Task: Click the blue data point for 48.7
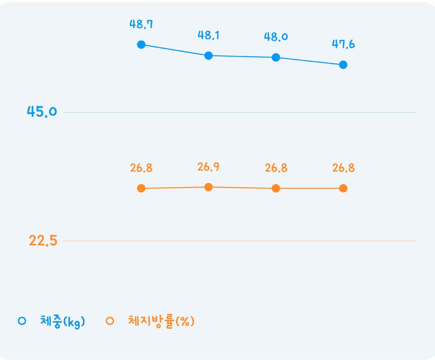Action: (x=141, y=44)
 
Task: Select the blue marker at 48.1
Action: (x=208, y=55)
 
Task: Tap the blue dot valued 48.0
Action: (x=276, y=58)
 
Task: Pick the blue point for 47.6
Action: (x=343, y=65)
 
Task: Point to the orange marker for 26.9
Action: (x=208, y=187)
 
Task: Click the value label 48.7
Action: (x=141, y=24)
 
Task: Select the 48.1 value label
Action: (x=208, y=35)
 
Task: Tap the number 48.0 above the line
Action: (x=276, y=37)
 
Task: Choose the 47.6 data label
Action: (x=343, y=44)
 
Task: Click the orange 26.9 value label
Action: (x=208, y=167)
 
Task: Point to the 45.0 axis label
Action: (x=42, y=112)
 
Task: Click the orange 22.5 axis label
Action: (x=43, y=240)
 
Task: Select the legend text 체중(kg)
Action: (x=63, y=321)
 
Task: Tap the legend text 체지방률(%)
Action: (x=161, y=321)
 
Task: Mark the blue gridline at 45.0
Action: (x=240, y=112)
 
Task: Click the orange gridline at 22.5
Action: (x=240, y=241)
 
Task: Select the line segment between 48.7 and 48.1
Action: (x=175, y=50)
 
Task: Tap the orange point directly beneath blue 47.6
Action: (x=343, y=189)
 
